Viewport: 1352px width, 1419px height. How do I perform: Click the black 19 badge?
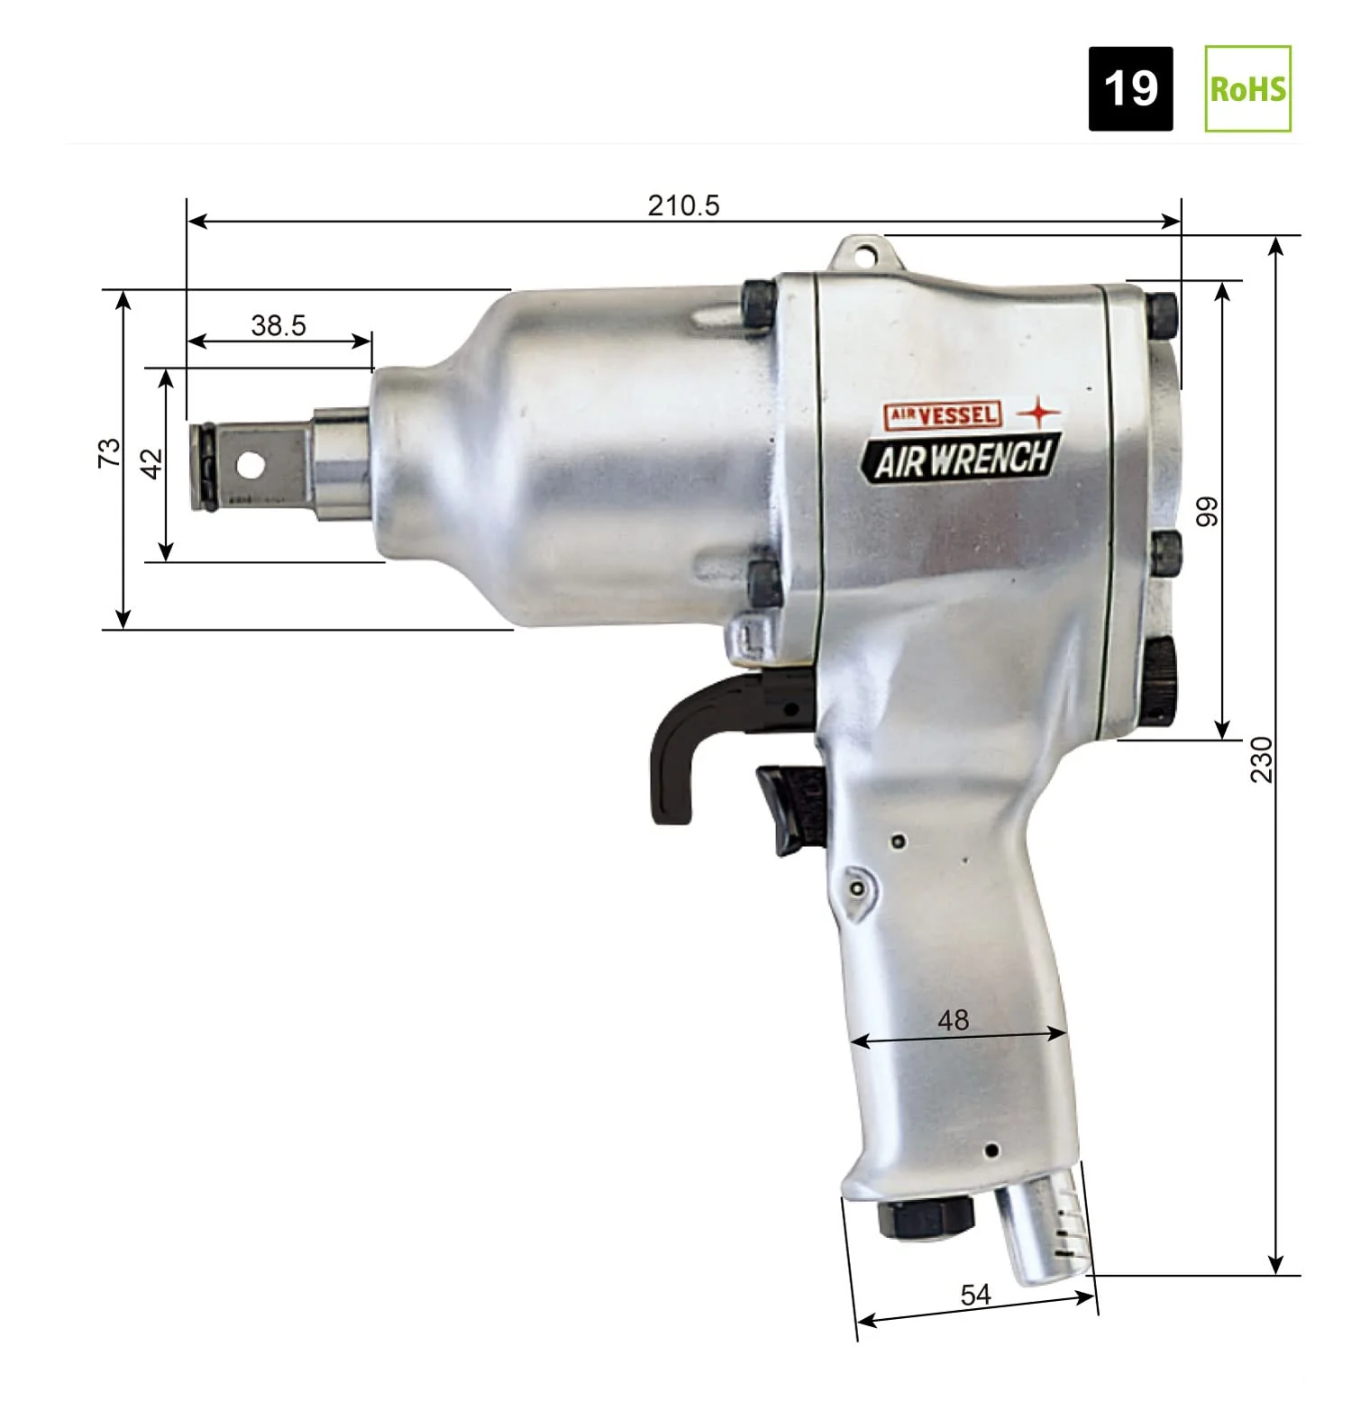1130,88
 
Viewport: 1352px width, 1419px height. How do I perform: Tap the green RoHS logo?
1247,88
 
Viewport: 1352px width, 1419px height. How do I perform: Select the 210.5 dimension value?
683,205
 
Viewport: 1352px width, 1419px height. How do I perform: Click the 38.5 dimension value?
279,325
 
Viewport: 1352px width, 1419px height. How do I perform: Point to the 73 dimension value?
108,452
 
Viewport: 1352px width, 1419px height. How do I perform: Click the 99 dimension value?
1206,512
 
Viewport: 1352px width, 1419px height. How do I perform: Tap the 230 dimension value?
1261,760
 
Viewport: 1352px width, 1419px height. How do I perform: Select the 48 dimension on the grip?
953,1020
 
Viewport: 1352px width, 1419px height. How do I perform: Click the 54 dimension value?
975,1295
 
